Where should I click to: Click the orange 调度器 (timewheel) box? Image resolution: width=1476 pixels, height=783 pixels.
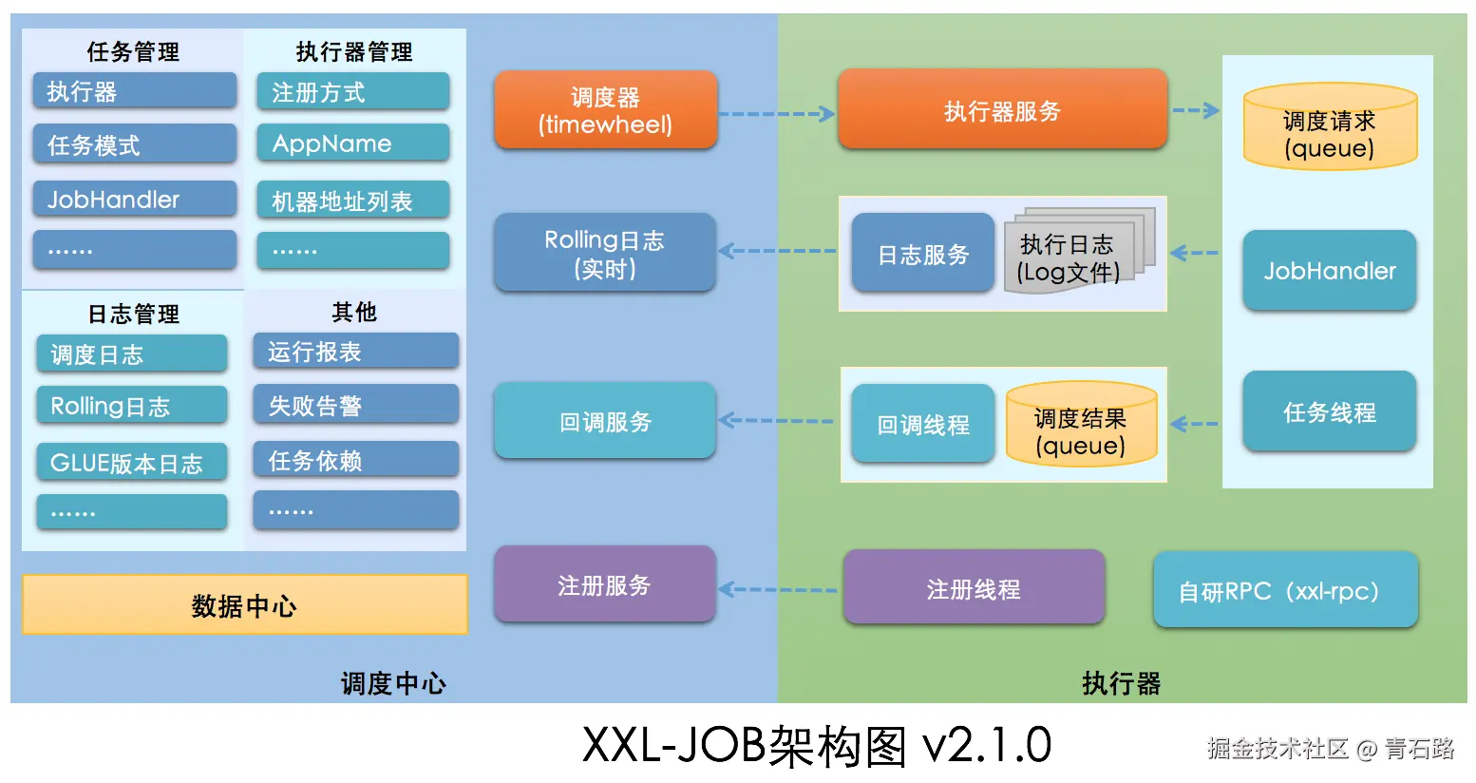pyautogui.click(x=605, y=110)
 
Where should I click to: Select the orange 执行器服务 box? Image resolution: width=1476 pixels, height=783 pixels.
pyautogui.click(x=1002, y=110)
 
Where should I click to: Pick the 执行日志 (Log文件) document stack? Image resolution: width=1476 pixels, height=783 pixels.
pyautogui.click(x=1078, y=252)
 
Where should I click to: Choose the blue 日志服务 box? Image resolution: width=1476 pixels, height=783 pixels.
pyautogui.click(x=922, y=254)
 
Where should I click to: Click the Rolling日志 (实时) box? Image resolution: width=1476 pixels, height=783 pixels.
pyautogui.click(x=604, y=253)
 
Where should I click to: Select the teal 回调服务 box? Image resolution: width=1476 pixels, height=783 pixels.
pyautogui.click(x=604, y=421)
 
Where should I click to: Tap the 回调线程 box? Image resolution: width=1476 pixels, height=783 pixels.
pyautogui.click(x=922, y=424)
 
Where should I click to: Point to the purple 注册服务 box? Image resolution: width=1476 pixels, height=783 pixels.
pyautogui.click(x=604, y=585)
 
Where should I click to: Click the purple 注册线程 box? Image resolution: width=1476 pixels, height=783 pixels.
pyautogui.click(x=974, y=589)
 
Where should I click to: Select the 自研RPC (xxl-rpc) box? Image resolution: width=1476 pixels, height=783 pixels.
pyautogui.click(x=1285, y=591)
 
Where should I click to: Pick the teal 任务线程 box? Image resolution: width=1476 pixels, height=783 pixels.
pyautogui.click(x=1329, y=412)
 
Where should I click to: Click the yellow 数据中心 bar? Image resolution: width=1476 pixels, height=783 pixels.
pyautogui.click(x=244, y=605)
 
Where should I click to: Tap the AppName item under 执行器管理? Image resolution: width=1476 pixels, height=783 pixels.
pyautogui.click(x=352, y=143)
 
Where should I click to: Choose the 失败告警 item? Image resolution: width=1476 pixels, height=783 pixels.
pyautogui.click(x=355, y=406)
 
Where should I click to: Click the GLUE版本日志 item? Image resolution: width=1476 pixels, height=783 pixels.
pyautogui.click(x=132, y=463)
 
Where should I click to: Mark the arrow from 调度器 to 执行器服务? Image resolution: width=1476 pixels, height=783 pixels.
pyautogui.click(x=776, y=114)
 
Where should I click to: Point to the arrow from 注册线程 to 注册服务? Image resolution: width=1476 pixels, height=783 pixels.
pyautogui.click(x=778, y=589)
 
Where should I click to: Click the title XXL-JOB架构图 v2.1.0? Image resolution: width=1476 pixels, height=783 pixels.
pyautogui.click(x=816, y=745)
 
